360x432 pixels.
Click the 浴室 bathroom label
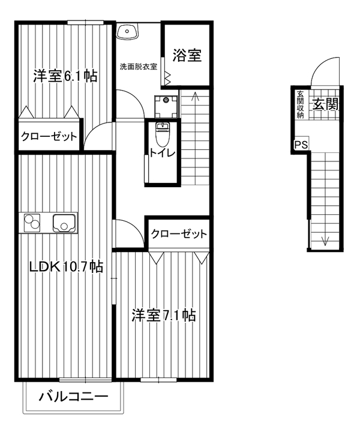pyautogui.click(x=187, y=55)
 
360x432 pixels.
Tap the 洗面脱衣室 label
pyautogui.click(x=139, y=67)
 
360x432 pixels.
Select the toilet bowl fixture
pyautogui.click(x=163, y=134)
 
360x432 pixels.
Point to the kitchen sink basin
pyautogui.click(x=64, y=223)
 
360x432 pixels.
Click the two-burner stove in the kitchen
pyautogui.click(x=31, y=223)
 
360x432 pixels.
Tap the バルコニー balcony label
pyautogui.click(x=73, y=397)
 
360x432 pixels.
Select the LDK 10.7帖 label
pyautogui.click(x=66, y=266)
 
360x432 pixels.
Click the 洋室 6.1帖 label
pyautogui.click(x=65, y=76)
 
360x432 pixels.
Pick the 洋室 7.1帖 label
pyautogui.click(x=164, y=315)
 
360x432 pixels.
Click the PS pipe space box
pyautogui.click(x=301, y=144)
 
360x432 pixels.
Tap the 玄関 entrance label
pyautogui.click(x=325, y=104)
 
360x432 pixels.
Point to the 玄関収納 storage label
pyautogui.click(x=300, y=104)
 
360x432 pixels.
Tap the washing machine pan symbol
pyautogui.click(x=166, y=106)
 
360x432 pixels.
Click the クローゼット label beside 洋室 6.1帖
pyautogui.click(x=49, y=136)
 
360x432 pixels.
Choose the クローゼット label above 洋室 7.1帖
pyautogui.click(x=179, y=234)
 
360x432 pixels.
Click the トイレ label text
pyautogui.click(x=162, y=153)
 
